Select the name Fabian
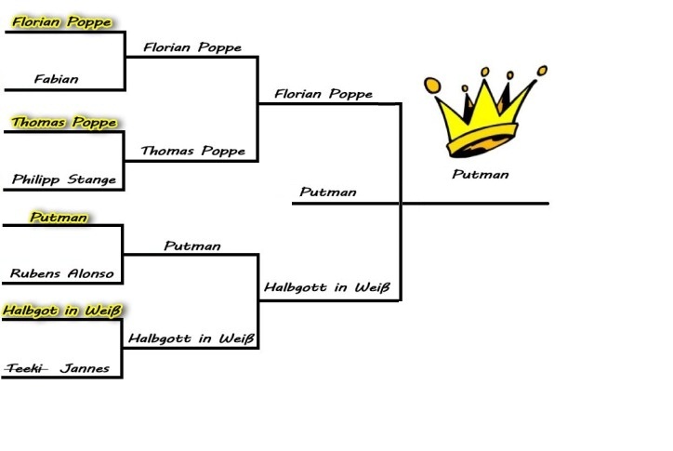56,79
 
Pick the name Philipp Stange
64,179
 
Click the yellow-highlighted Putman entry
59,217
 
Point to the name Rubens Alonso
62,273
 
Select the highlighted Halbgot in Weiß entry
62,310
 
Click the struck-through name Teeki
25,368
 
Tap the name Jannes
85,368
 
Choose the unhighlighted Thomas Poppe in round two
192,151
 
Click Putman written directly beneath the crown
481,174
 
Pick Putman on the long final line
328,193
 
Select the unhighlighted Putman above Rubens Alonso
192,245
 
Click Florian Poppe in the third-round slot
323,94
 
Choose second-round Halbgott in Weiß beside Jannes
191,338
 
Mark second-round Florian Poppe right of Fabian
192,46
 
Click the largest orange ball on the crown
431,86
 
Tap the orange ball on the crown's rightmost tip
543,68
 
